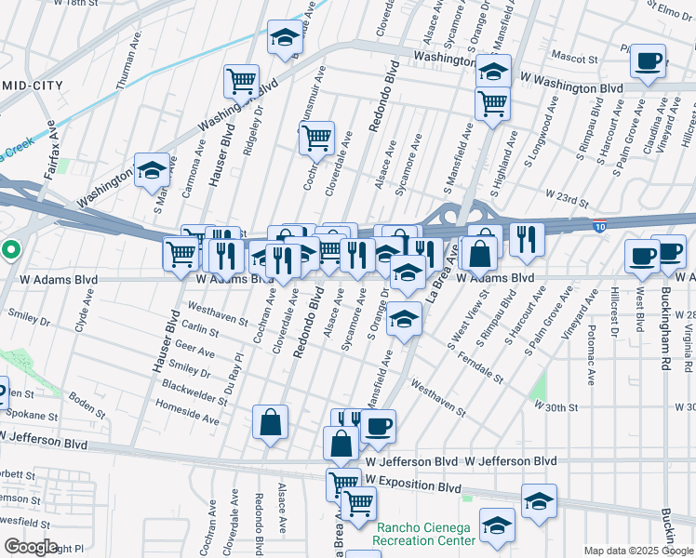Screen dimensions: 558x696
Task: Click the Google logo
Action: (x=31, y=546)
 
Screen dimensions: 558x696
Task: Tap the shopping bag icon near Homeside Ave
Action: (x=270, y=422)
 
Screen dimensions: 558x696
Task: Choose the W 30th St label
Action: (x=556, y=406)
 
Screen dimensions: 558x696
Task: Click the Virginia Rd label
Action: (x=686, y=331)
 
